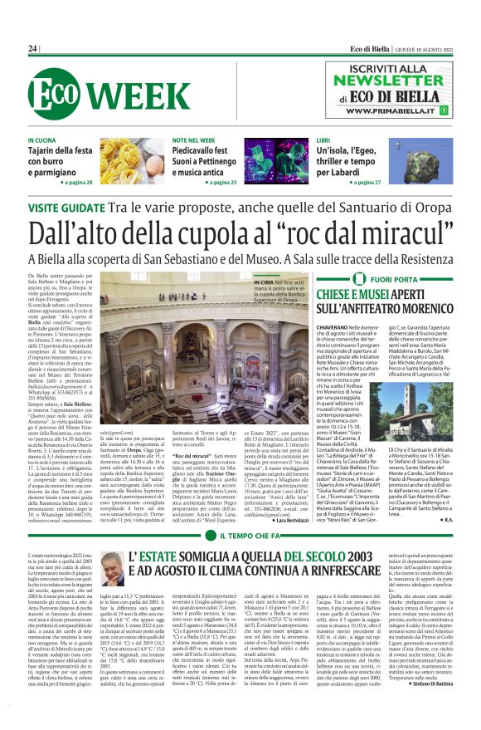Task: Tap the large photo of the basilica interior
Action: (207, 341)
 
